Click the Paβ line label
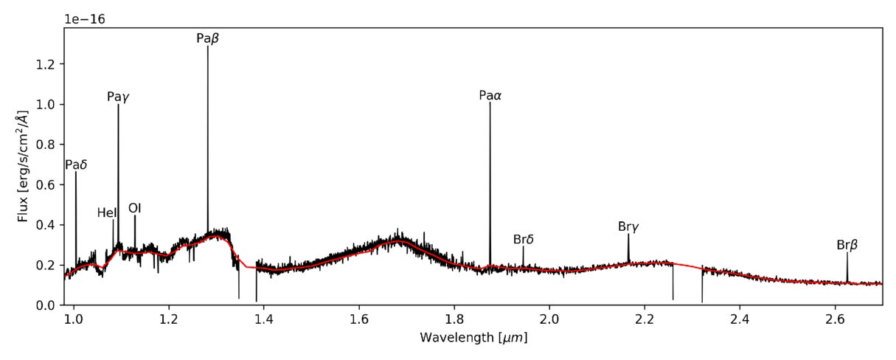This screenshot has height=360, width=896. [207, 38]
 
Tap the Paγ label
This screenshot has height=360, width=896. [118, 97]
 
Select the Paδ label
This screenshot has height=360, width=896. [76, 165]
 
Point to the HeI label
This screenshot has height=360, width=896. [107, 213]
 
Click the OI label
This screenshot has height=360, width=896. [135, 208]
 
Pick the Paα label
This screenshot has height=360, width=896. [490, 95]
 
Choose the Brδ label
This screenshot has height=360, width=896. [523, 240]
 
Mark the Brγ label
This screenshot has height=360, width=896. [628, 227]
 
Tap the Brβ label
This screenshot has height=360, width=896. [847, 245]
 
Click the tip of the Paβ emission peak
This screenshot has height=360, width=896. [208, 47]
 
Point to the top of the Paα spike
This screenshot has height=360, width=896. [490, 103]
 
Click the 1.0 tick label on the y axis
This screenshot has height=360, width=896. [46, 105]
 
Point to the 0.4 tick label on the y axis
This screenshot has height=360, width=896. [46, 225]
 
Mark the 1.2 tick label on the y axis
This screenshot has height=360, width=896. [46, 65]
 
